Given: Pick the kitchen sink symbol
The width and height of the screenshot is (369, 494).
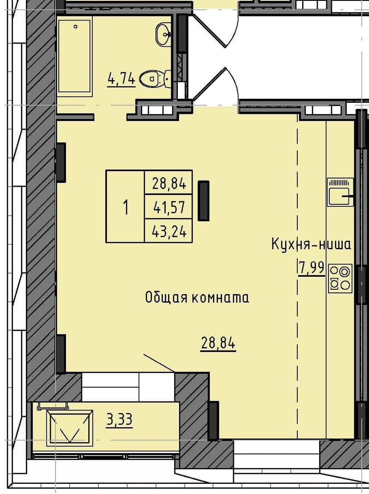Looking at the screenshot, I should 340,192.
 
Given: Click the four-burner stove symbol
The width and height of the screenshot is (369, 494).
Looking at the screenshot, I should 340,278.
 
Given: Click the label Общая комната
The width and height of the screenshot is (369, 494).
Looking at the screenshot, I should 197,297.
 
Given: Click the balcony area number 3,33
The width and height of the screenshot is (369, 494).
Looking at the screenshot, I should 119,419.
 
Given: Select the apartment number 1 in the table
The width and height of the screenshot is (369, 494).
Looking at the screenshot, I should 125,207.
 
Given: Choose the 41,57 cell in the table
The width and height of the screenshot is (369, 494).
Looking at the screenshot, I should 168,207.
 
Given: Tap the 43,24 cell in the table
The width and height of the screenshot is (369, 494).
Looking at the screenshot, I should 168,231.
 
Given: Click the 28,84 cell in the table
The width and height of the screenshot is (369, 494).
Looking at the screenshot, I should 168,182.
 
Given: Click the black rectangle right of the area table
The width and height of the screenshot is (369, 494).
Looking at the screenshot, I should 204,201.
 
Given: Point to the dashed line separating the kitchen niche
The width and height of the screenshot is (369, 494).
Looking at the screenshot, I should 297,276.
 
